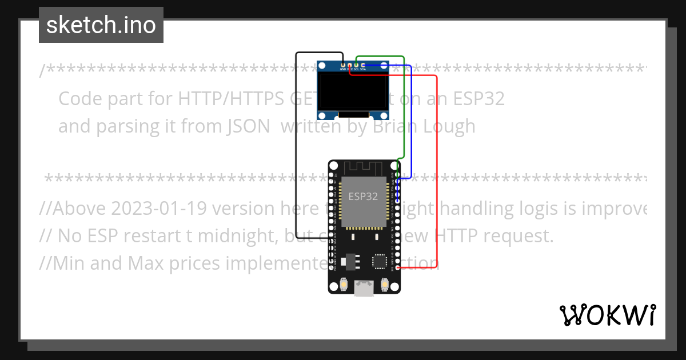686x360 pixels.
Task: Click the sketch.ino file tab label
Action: (101, 25)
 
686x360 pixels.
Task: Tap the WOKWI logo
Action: (608, 315)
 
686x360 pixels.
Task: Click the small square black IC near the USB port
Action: (379, 261)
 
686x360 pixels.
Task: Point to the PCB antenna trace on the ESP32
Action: (364, 167)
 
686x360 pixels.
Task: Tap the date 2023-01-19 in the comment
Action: (156, 209)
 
